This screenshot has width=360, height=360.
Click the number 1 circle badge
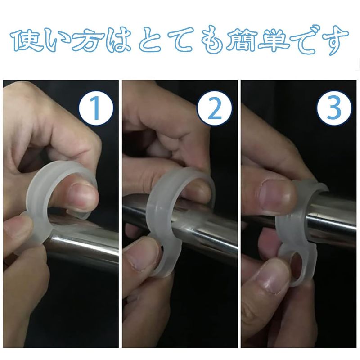(96, 108)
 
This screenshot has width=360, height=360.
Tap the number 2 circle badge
(215, 108)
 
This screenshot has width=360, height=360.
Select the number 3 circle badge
(334, 108)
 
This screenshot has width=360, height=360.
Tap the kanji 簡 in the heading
(241, 40)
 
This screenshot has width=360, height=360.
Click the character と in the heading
(151, 40)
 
